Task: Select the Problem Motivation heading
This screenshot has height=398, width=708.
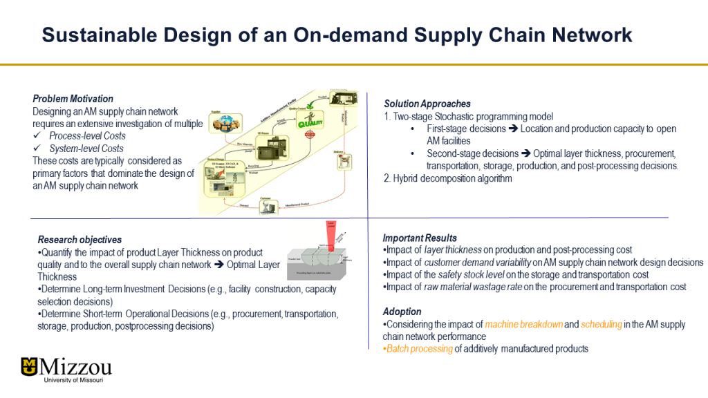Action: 73,99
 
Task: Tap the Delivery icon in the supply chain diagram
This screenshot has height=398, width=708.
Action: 344,161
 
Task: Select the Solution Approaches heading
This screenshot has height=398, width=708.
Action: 427,104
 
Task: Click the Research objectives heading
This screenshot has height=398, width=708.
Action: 80,240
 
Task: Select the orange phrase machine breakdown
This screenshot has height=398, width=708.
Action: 523,324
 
